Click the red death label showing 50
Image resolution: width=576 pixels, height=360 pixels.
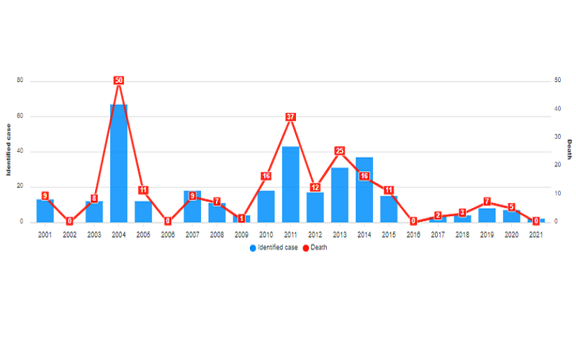119,81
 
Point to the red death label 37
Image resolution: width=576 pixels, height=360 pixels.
290,117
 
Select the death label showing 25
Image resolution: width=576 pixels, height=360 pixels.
340,151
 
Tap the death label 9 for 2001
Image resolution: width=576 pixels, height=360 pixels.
45,196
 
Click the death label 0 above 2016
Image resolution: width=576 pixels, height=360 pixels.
413,222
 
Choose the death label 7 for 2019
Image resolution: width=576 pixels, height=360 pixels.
487,202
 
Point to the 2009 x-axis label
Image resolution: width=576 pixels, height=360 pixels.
241,235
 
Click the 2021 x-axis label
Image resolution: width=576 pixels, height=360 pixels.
536,235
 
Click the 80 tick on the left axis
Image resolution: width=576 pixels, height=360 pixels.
20,81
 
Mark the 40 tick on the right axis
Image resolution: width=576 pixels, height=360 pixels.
557,109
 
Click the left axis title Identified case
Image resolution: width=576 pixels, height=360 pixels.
9,151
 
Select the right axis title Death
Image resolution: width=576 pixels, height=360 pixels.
569,150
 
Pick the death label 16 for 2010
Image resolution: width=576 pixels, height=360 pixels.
266,176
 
